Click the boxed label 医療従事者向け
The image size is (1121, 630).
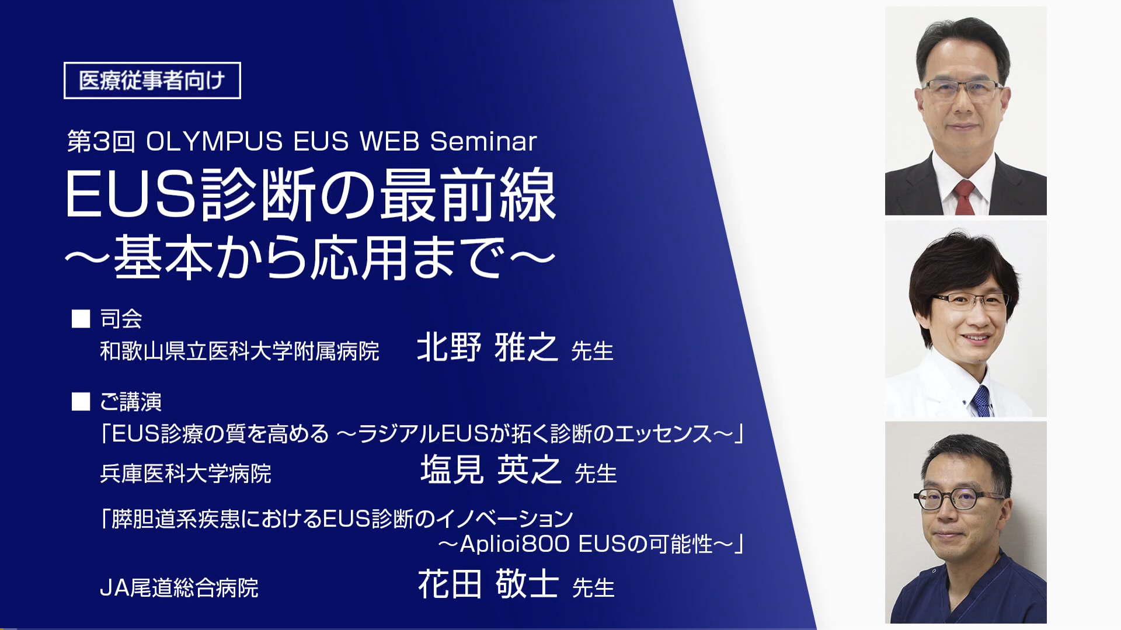pyautogui.click(x=152, y=81)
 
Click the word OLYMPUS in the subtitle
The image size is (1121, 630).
pyautogui.click(x=214, y=142)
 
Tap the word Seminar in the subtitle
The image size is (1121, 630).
pyautogui.click(x=483, y=142)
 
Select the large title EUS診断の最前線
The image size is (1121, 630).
pyautogui.click(x=311, y=195)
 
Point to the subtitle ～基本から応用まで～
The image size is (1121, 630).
pyautogui.click(x=310, y=257)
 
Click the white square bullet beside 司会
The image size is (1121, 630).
pyautogui.click(x=81, y=319)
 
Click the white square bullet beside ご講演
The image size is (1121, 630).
pyautogui.click(x=81, y=402)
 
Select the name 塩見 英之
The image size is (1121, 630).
pyautogui.click(x=490, y=469)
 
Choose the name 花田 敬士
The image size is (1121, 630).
pyautogui.click(x=488, y=584)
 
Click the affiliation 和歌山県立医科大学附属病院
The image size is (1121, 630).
pyautogui.click(x=239, y=351)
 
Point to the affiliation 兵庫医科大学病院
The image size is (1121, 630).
pyautogui.click(x=186, y=474)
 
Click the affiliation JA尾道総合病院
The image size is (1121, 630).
pyautogui.click(x=179, y=588)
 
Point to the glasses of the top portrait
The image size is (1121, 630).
pyautogui.click(x=962, y=89)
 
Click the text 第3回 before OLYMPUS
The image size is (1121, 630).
pyautogui.click(x=101, y=142)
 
